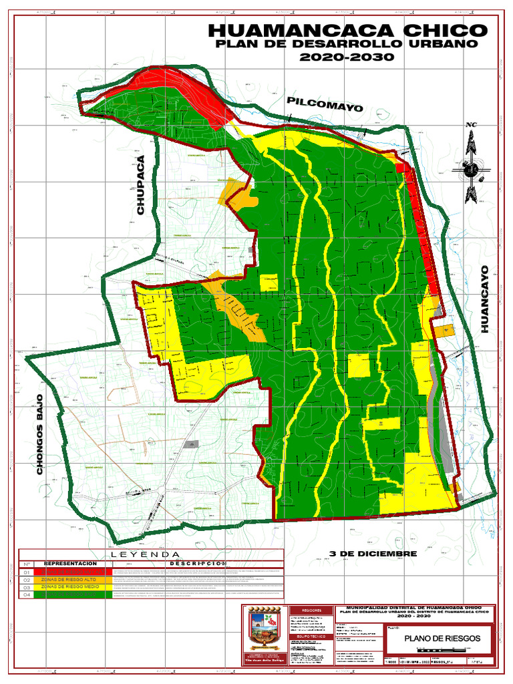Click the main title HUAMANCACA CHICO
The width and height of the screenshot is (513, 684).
click(x=347, y=31)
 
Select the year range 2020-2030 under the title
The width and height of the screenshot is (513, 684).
click(x=347, y=57)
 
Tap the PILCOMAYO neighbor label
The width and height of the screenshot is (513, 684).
click(x=325, y=104)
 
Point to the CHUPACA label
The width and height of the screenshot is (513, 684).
click(x=141, y=185)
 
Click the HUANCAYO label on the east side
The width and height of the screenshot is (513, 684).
click(x=486, y=299)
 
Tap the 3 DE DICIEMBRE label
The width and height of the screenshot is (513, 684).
click(x=373, y=554)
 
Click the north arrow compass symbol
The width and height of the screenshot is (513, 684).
click(x=472, y=160)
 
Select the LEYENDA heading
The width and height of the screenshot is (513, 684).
click(x=146, y=554)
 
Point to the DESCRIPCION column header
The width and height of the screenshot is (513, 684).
click(x=194, y=564)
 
